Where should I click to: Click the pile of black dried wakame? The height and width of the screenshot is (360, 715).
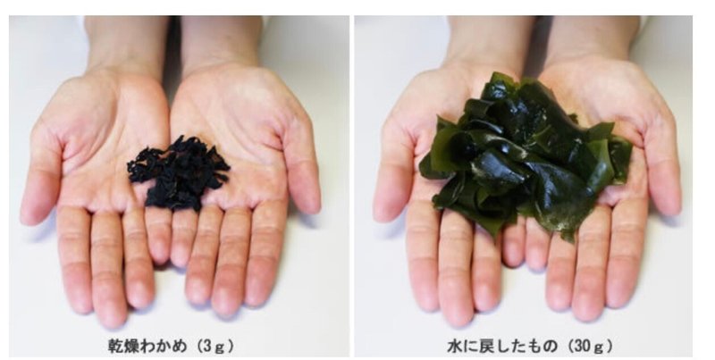pyautogui.click(x=179, y=173)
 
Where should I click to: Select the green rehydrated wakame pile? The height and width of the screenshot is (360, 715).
pyautogui.click(x=525, y=155)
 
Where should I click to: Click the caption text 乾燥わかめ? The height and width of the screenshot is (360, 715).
pyautogui.click(x=147, y=347)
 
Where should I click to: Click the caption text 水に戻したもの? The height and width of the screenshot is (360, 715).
pyautogui.click(x=502, y=347)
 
